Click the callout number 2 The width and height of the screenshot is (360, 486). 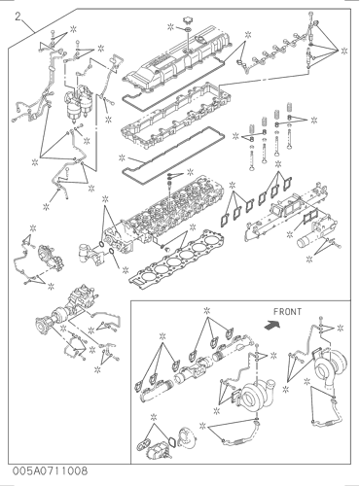[19, 17]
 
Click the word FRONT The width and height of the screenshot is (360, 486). [287, 312]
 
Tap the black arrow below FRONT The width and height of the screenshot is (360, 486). [272, 325]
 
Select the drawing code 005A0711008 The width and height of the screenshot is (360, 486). [50, 470]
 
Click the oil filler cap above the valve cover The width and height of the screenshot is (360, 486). [188, 20]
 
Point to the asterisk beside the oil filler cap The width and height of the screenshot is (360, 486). [171, 27]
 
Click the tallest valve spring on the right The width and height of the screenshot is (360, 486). [289, 109]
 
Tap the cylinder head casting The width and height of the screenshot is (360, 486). [163, 214]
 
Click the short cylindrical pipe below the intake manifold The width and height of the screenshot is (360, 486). [305, 241]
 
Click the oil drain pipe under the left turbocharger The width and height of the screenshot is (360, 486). [238, 435]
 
